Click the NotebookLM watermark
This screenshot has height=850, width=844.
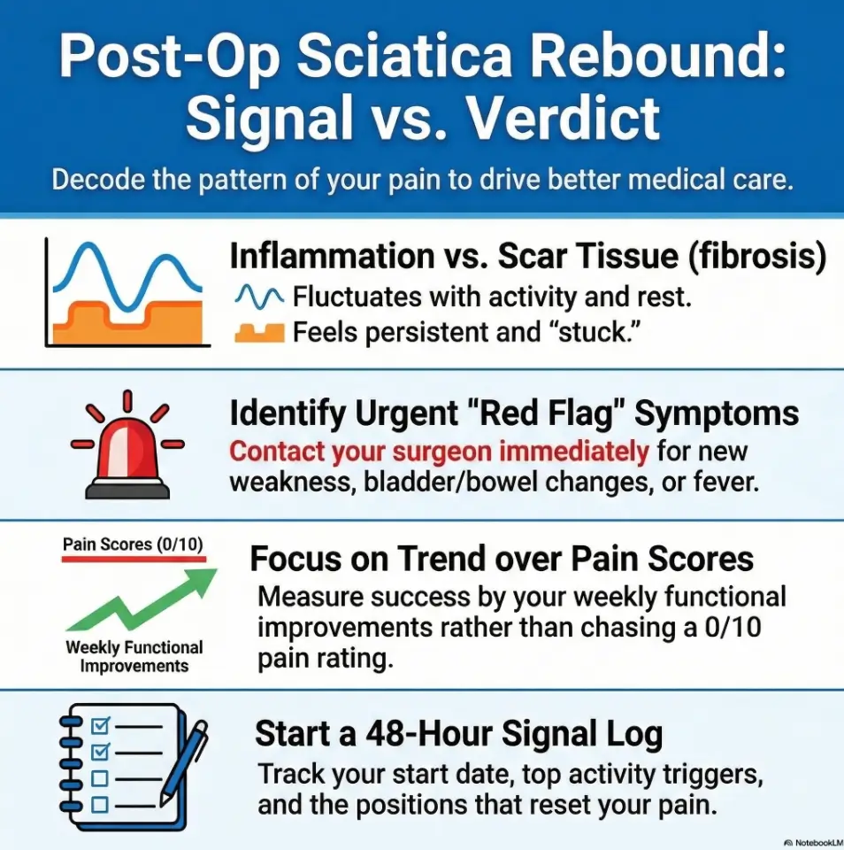812,841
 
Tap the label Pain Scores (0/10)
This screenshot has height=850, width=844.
134,544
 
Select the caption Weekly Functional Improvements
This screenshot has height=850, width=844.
134,656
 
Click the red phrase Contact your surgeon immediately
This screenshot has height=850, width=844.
440,452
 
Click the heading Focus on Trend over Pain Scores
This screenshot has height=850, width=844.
502,560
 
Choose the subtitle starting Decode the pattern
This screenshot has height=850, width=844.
421,180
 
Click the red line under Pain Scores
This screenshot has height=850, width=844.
134,560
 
